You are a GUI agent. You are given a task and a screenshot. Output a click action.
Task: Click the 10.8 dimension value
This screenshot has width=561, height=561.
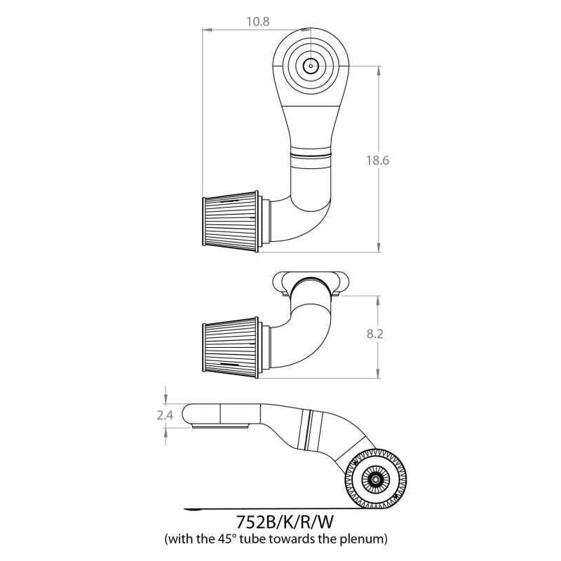[258, 21]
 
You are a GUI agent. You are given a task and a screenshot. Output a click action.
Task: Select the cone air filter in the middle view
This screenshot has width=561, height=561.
[232, 344]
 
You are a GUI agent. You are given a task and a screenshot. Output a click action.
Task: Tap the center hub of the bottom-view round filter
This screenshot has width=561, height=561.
[376, 479]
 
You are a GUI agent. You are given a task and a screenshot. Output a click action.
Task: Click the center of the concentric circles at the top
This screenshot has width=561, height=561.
[309, 67]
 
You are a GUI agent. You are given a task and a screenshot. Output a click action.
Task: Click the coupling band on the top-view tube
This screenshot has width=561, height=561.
[311, 154]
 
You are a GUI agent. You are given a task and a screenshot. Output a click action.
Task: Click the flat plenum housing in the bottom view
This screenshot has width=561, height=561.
[224, 414]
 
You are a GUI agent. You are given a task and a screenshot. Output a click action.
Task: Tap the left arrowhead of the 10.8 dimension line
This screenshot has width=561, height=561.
[205, 29]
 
